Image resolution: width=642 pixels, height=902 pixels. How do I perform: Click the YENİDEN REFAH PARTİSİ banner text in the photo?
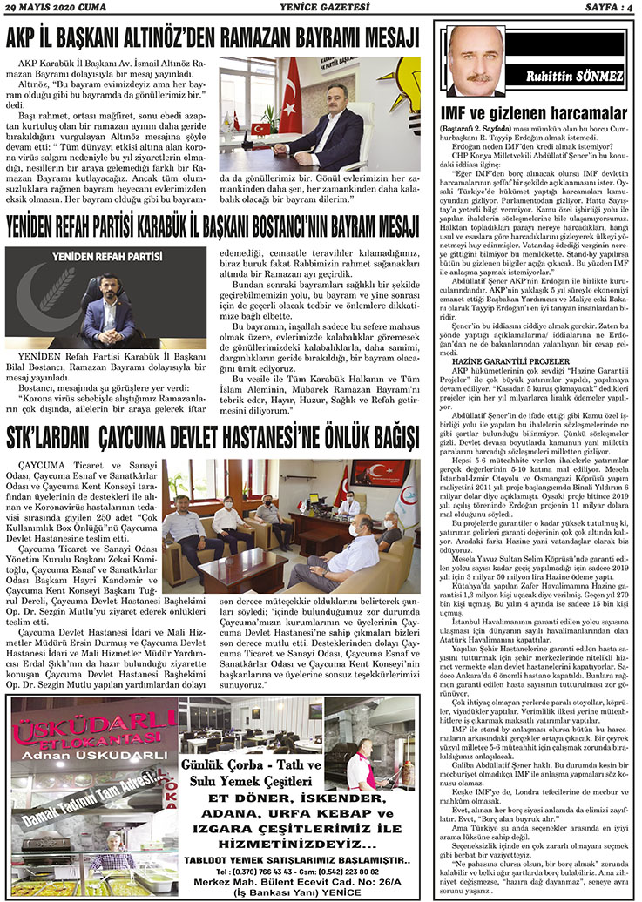coord(108,258)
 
